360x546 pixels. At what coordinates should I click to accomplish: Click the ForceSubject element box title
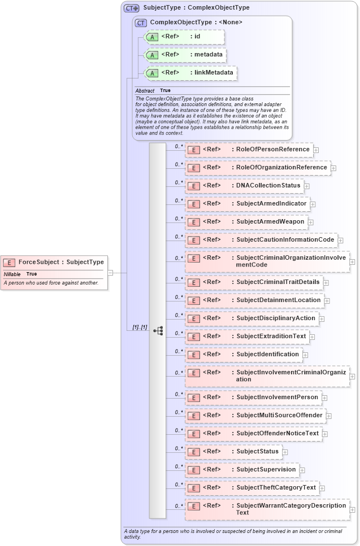coord(61,262)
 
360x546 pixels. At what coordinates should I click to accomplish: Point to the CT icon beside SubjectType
coord(132,8)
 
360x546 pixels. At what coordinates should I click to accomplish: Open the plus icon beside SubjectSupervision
coord(302,470)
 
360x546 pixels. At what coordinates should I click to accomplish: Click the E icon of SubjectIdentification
coord(193,355)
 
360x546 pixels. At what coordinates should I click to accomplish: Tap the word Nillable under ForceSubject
coord(12,274)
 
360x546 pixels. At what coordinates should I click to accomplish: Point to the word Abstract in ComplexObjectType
coord(145,91)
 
